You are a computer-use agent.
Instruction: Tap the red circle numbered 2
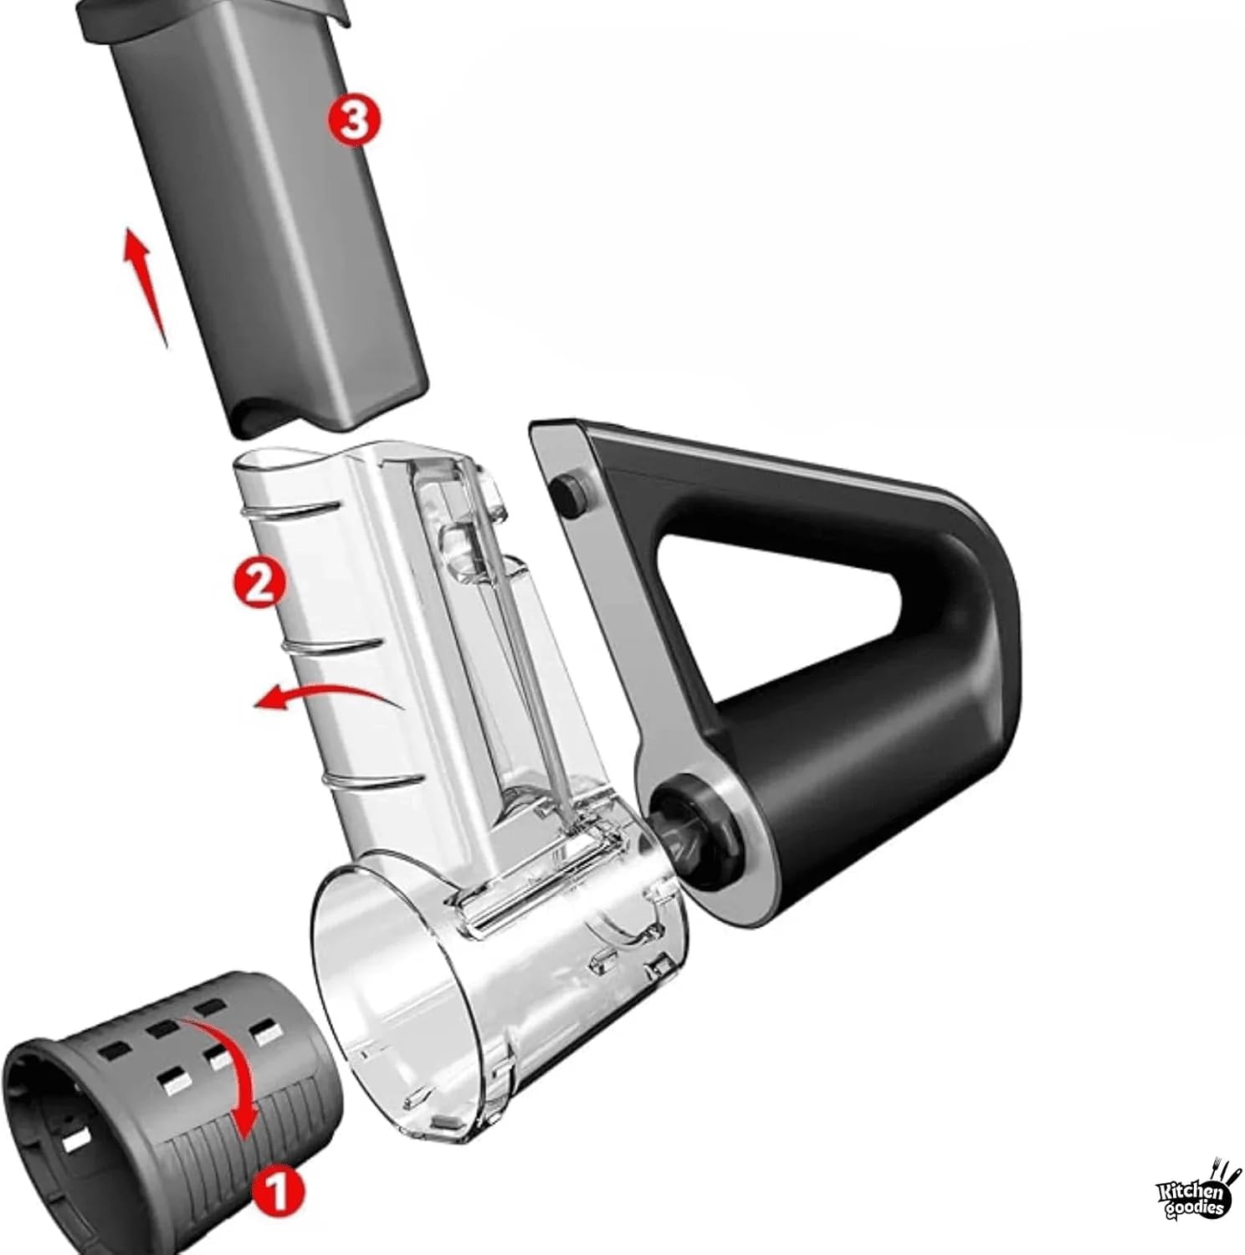tap(259, 583)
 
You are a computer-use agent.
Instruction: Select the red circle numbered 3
tap(353, 120)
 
